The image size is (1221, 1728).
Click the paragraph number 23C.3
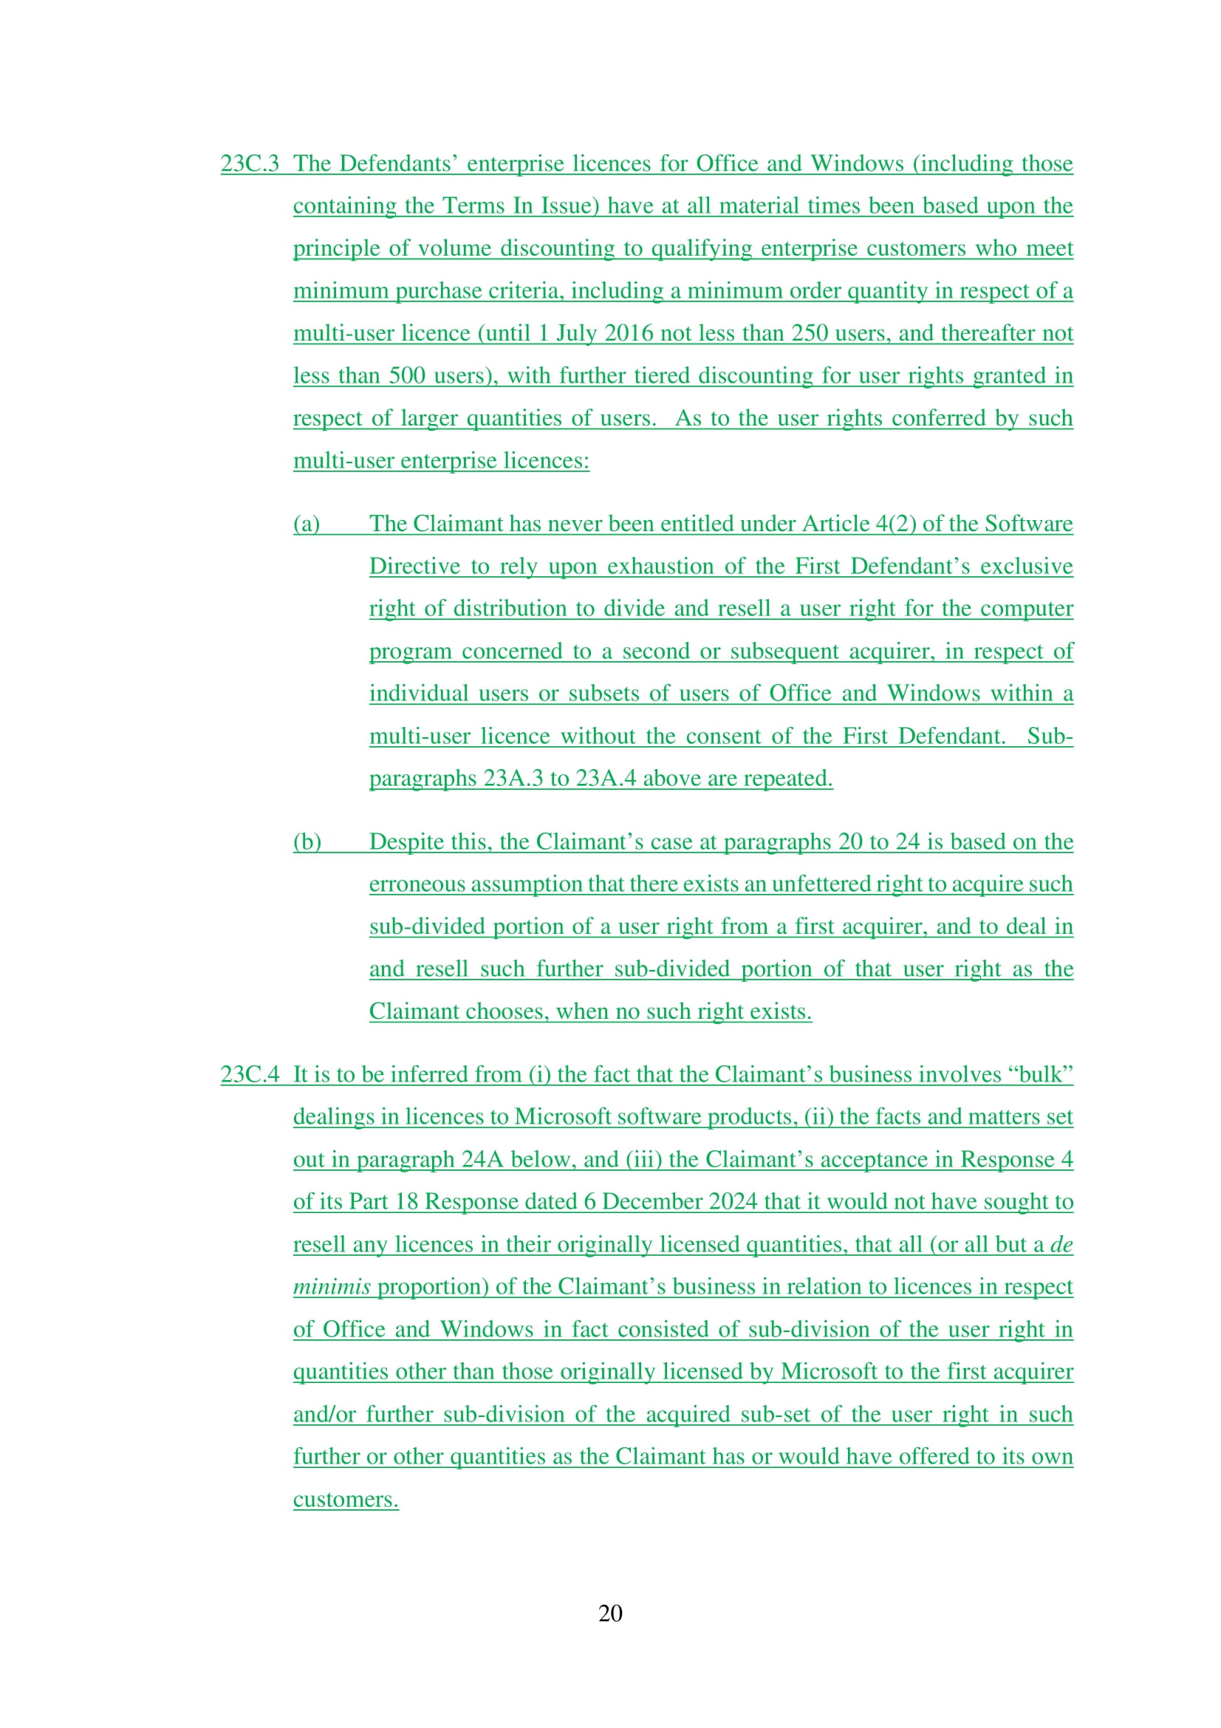point(249,164)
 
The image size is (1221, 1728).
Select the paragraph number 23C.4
point(249,1075)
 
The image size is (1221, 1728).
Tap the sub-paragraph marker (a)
point(307,524)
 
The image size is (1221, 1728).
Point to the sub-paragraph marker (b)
point(307,842)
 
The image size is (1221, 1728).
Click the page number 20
point(610,1613)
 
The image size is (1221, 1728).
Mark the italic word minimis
point(332,1287)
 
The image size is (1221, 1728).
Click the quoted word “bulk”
point(1045,1075)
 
